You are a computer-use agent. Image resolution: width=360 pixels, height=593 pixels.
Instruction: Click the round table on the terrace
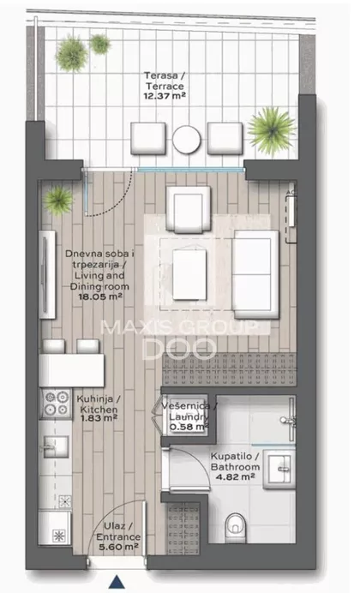[x=187, y=139]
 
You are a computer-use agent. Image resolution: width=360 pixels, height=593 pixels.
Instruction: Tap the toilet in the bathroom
[x=235, y=527]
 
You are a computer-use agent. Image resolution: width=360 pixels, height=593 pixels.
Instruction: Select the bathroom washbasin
[x=279, y=470]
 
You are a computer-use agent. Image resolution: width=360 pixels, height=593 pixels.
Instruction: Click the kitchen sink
[x=56, y=446]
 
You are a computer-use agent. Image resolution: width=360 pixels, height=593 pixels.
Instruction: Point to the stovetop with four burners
[x=57, y=404]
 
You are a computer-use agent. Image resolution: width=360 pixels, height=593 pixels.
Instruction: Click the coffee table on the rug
[x=189, y=274]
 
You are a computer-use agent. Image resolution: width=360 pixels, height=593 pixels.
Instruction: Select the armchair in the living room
[x=189, y=209]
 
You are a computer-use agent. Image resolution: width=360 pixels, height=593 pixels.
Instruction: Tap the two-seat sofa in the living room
[x=255, y=274]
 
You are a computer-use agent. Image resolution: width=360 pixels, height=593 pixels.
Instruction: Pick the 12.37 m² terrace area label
[x=165, y=96]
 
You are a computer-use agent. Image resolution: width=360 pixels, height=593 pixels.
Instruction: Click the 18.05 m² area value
[x=99, y=296]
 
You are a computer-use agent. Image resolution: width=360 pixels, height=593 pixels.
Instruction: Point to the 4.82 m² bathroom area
[x=235, y=477]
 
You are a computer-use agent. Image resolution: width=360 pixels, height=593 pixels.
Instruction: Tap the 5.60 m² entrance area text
[x=118, y=547]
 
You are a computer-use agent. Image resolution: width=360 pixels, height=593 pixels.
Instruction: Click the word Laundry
[x=189, y=416]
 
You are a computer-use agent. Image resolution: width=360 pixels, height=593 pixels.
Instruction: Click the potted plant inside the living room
[x=58, y=200]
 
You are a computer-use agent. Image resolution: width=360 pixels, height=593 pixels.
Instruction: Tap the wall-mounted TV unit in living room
[x=47, y=274]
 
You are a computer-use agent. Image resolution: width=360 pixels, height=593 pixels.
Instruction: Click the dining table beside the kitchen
[x=71, y=370]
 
